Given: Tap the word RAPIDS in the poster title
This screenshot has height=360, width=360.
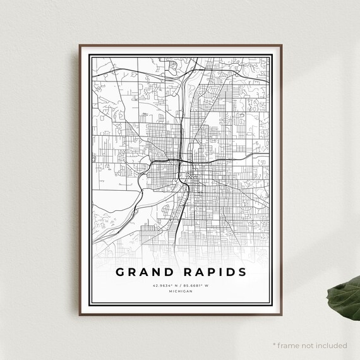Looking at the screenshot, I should pyautogui.click(x=212, y=272).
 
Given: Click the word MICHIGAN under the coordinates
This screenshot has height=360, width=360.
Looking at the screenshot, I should pyautogui.click(x=181, y=292).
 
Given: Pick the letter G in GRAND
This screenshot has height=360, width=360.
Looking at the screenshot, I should pyautogui.click(x=120, y=272).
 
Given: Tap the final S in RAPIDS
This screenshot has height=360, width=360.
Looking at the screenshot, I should pyautogui.click(x=242, y=272).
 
